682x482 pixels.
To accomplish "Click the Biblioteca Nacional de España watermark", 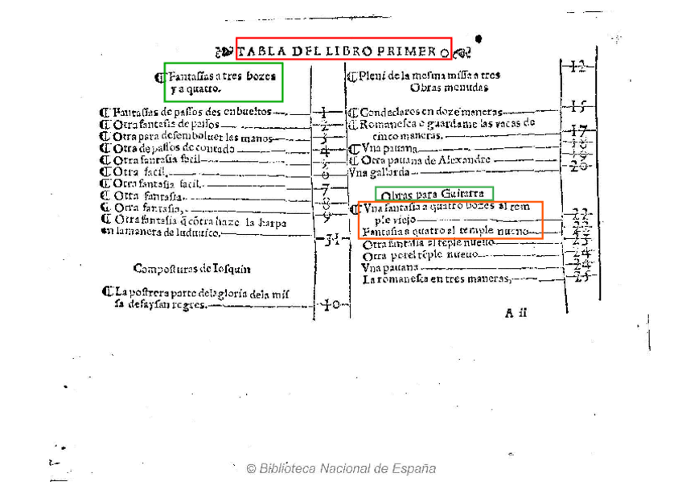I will coord(341,468).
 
